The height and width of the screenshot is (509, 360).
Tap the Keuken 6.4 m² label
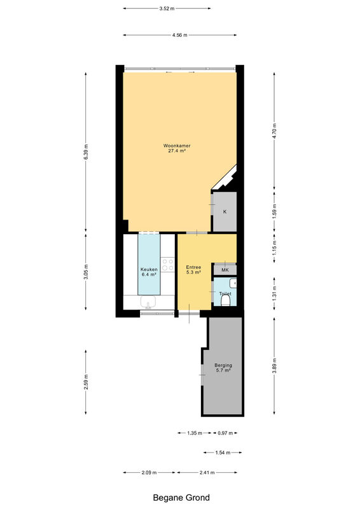tap(149, 272)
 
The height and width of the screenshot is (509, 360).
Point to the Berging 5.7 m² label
tap(223, 368)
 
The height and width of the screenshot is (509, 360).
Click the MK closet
tap(225, 270)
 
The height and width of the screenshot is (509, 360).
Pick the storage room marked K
tap(225, 212)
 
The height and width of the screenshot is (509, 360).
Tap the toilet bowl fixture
tap(225, 300)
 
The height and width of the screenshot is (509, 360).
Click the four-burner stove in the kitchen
tap(168, 264)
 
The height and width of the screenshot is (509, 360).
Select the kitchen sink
tap(148, 302)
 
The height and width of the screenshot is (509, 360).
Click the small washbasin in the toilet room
tap(233, 283)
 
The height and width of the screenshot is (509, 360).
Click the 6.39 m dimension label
tap(86, 151)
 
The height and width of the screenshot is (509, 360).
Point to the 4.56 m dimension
tap(180, 35)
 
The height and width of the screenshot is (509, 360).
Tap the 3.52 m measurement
tap(167, 9)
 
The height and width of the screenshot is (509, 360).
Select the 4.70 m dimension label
tap(274, 131)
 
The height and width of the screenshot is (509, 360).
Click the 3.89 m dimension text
tap(274, 366)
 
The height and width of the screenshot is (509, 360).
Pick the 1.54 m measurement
tap(223, 452)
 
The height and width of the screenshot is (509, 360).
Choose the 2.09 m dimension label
tap(149, 473)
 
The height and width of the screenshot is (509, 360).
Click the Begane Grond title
tap(181, 498)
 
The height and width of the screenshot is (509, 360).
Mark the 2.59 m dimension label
tap(86, 382)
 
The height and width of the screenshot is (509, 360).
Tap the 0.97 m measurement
tap(225, 433)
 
